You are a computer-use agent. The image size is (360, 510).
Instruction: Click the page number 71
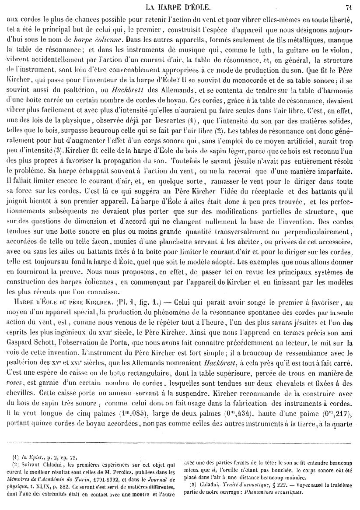[349, 7]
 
